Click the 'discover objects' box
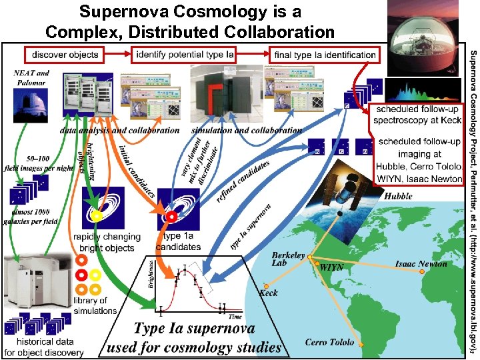point(65,54)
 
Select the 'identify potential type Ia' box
point(185,54)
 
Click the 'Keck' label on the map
point(268,293)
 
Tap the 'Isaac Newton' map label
point(421,264)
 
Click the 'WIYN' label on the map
point(331,267)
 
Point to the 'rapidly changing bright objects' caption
point(107,242)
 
